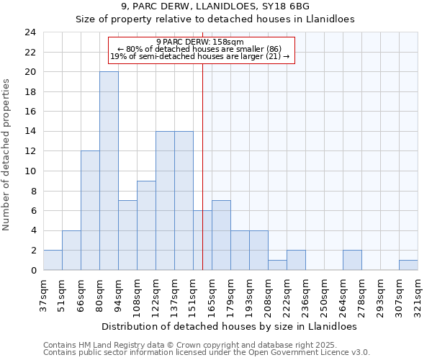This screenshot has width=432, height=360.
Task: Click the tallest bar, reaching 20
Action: [x=109, y=171]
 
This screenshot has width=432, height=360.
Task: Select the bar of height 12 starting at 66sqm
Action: [x=90, y=210]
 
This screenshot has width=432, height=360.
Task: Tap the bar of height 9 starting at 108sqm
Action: [x=146, y=225]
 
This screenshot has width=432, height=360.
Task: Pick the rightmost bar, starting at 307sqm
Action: [x=408, y=265]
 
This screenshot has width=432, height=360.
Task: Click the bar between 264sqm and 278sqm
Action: [x=352, y=260]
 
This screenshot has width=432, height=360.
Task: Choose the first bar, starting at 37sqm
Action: [x=53, y=260]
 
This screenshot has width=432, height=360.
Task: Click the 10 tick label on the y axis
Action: [x=30, y=171]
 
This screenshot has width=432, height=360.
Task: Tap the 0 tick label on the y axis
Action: [x=33, y=271]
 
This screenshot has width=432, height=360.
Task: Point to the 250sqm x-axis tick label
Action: [x=324, y=296]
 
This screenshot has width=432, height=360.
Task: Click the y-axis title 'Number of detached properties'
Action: [x=6, y=155]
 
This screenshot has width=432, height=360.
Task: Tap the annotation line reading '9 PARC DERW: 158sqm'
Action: [x=201, y=42]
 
